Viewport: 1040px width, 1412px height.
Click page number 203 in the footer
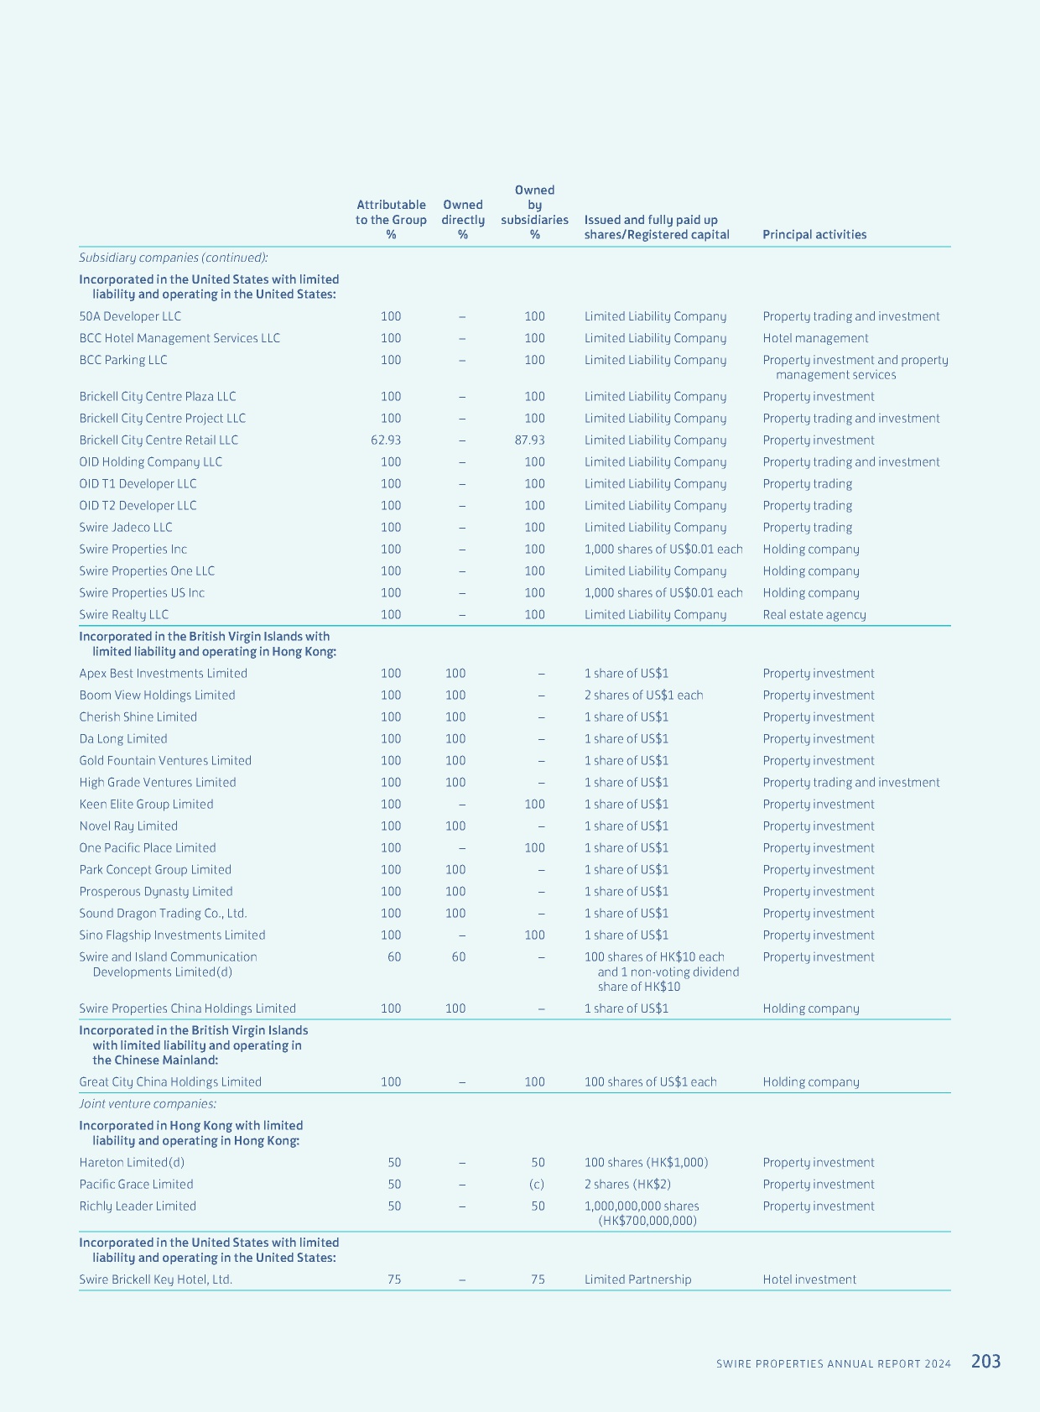pos(985,1361)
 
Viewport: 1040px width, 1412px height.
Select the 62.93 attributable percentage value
pos(386,440)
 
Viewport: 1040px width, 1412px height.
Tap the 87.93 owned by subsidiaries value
pos(529,440)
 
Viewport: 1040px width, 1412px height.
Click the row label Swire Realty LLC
pos(123,614)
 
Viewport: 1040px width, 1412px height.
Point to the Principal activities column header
pos(814,234)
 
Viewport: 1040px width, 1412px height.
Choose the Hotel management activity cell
pos(815,338)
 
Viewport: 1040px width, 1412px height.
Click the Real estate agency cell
pos(814,614)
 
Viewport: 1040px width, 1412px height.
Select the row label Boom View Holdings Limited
pos(157,695)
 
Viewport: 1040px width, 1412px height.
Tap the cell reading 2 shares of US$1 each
pos(643,695)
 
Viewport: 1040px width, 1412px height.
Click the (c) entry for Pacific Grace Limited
pos(537,1184)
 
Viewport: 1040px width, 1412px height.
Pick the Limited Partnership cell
pos(637,1279)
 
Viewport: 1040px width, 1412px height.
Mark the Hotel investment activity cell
pos(809,1279)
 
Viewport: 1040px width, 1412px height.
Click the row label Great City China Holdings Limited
pos(170,1081)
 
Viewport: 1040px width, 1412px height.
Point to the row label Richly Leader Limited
pos(138,1206)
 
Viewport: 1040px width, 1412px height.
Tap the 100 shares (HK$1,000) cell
pos(646,1162)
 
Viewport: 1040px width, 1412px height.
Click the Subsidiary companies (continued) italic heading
pos(173,258)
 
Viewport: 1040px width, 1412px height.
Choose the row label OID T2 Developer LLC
pos(138,505)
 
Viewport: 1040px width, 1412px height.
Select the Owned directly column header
pos(463,219)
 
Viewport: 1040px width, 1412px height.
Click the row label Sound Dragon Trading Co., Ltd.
pos(163,913)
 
